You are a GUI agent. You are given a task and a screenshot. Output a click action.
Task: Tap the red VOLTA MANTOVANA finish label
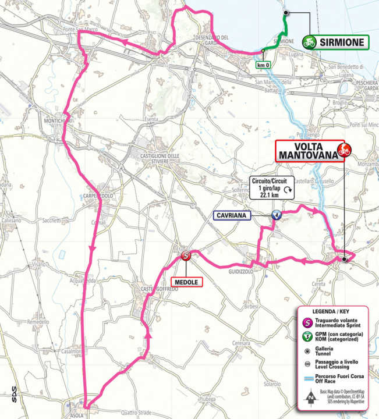tap(307, 150)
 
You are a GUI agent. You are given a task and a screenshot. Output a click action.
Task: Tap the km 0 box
tap(264, 65)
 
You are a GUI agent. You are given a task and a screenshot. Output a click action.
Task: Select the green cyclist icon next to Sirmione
tap(309, 41)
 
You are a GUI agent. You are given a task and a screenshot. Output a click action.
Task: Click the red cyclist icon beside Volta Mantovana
tap(343, 150)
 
